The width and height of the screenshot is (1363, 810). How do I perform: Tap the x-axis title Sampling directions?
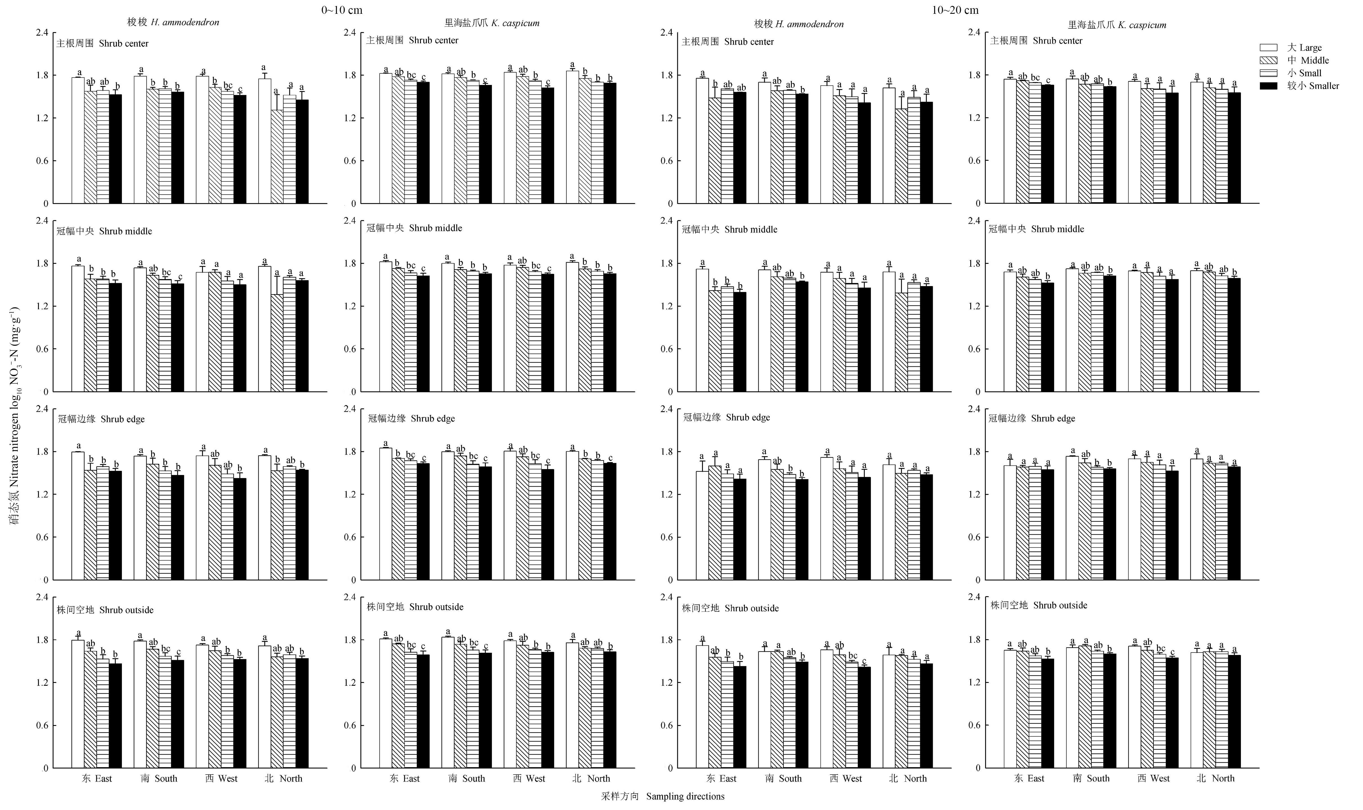(x=663, y=796)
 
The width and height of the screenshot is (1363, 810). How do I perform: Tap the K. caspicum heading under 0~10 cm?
(x=492, y=23)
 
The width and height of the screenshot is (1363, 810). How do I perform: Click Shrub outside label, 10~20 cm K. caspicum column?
(x=1039, y=605)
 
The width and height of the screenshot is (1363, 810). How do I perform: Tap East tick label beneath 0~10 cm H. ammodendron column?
(x=97, y=778)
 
